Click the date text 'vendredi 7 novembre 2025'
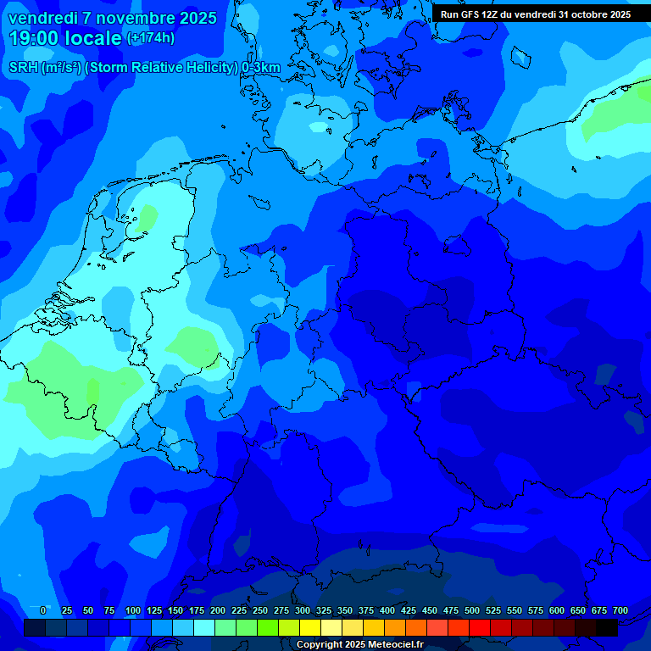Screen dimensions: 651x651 [x=112, y=18]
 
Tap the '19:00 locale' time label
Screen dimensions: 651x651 [x=65, y=38]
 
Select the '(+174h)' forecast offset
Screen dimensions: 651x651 [x=151, y=38]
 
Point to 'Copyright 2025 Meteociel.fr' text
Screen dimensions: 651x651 [x=359, y=645]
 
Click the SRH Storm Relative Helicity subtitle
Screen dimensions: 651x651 [x=144, y=68]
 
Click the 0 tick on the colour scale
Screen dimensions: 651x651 [x=43, y=611]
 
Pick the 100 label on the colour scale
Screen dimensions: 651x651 [x=132, y=611]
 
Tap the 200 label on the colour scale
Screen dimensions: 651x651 [x=217, y=611]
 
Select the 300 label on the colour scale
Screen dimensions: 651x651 [x=302, y=611]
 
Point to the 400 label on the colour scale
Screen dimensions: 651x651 [x=387, y=611]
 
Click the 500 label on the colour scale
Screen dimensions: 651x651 [x=471, y=611]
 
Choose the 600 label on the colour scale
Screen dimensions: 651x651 [x=556, y=611]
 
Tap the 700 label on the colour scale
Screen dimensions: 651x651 [x=620, y=611]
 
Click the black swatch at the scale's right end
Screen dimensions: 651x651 [x=607, y=627]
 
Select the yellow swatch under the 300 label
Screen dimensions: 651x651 [x=310, y=627]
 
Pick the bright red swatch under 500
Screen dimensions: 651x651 [x=480, y=627]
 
